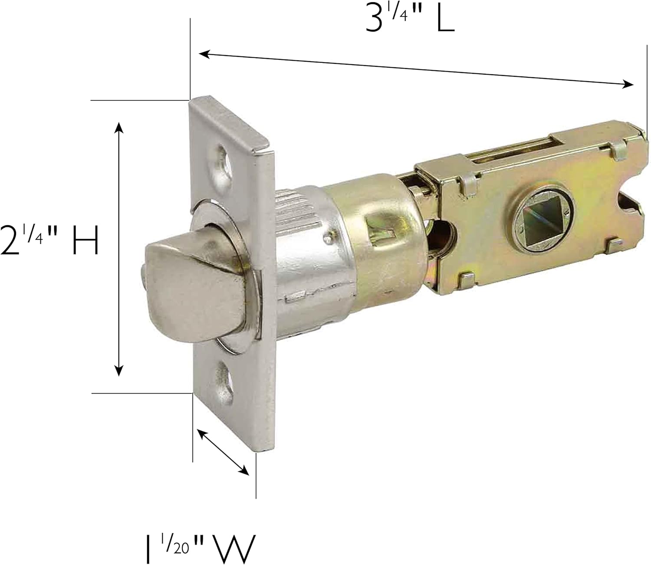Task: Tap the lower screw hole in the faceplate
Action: click(224, 372)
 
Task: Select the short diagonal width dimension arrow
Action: click(223, 452)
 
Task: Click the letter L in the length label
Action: click(445, 19)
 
